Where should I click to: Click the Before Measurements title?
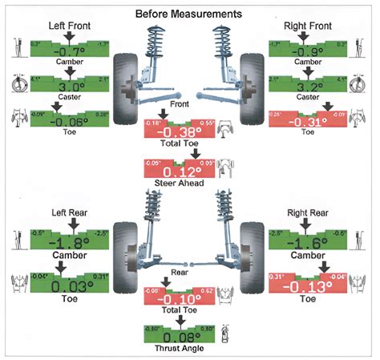coord(189,14)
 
